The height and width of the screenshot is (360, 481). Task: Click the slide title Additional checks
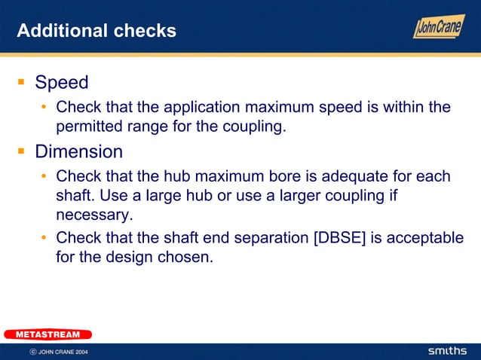pyautogui.click(x=97, y=31)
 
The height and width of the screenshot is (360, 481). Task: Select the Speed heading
pyautogui.click(x=62, y=82)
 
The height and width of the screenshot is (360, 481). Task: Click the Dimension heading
pyautogui.click(x=78, y=151)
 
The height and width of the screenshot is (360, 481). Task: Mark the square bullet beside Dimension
pyautogui.click(x=22, y=151)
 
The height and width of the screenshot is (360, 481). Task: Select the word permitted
pyautogui.click(x=91, y=126)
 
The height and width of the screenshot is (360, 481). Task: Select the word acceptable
pyautogui.click(x=427, y=238)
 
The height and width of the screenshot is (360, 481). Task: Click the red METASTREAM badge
pyautogui.click(x=47, y=334)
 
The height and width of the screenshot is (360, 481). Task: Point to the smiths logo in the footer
pyautogui.click(x=447, y=351)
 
